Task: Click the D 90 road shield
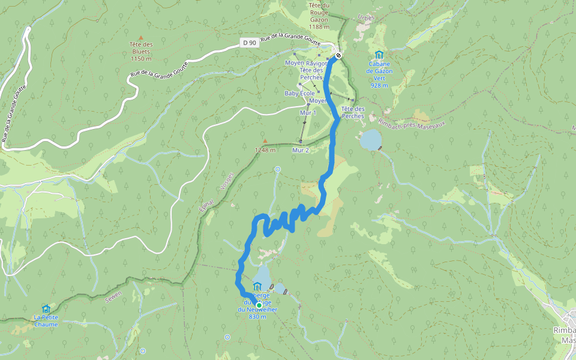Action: click(250, 43)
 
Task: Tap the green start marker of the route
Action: click(259, 305)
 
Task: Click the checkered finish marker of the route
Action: click(339, 56)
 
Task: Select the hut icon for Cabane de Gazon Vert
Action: click(379, 55)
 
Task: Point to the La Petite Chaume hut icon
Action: click(46, 308)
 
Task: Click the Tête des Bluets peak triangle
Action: click(141, 37)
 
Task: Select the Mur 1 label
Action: click(307, 113)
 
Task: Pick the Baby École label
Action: click(299, 94)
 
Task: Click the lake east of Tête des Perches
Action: click(370, 140)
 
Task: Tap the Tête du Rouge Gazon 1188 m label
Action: click(319, 16)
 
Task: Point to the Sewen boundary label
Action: click(112, 295)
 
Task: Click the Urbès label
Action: click(365, 17)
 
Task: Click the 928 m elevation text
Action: click(379, 85)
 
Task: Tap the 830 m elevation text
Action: click(257, 317)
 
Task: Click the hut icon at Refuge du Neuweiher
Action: click(257, 286)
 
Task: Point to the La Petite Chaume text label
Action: click(46, 320)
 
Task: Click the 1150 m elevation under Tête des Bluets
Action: click(141, 59)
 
